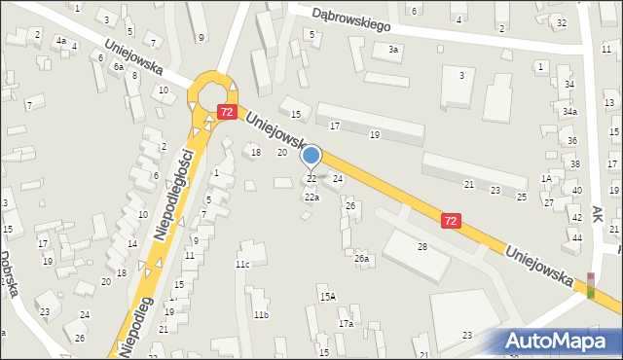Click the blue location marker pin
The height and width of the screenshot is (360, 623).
[x=311, y=156]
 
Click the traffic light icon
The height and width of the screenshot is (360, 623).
[x=590, y=285]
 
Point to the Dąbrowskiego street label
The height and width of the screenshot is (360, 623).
[x=350, y=15]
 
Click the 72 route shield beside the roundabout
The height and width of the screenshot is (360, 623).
[x=227, y=112]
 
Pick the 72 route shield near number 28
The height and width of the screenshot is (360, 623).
[x=451, y=222]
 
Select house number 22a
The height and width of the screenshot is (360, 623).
[x=311, y=198]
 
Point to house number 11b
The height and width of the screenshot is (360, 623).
[x=260, y=315]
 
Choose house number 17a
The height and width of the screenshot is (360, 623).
[x=346, y=323]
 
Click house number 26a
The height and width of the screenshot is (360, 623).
[x=361, y=259]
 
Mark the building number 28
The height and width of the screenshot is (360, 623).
[x=422, y=247]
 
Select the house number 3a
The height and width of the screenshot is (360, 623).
[x=393, y=49]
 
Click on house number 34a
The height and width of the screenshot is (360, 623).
[x=569, y=112]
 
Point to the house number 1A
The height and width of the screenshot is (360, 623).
[x=547, y=179]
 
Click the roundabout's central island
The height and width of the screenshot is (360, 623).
[x=212, y=90]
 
